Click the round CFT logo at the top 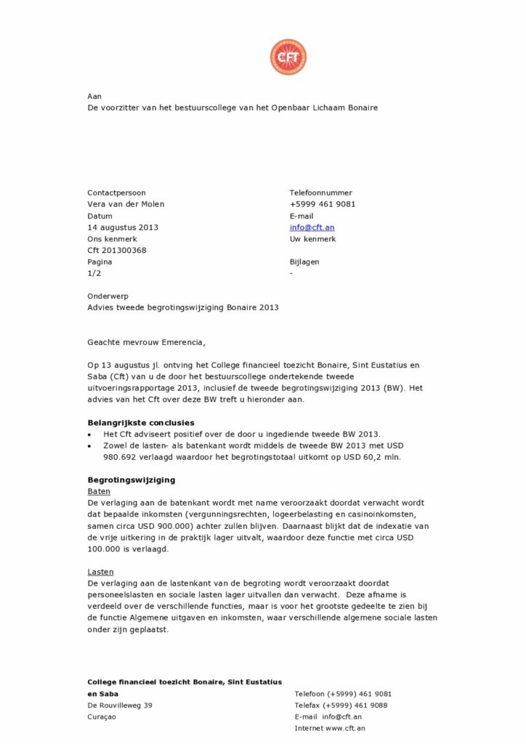point(288,57)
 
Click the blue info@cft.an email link point(312,227)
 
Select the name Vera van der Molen point(126,204)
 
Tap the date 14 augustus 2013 point(123,227)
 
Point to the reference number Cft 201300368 point(117,251)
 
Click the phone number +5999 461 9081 point(323,204)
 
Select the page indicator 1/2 point(94,274)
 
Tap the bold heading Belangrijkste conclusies point(141,423)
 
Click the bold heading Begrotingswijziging point(131,480)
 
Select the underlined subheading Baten point(99,492)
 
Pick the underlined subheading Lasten point(101,572)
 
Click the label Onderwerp point(107,296)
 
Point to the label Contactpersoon point(116,193)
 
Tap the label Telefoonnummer point(321,193)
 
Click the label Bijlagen point(304,262)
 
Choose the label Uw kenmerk point(313,239)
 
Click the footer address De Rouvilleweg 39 point(120,705)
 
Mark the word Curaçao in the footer point(102,717)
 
